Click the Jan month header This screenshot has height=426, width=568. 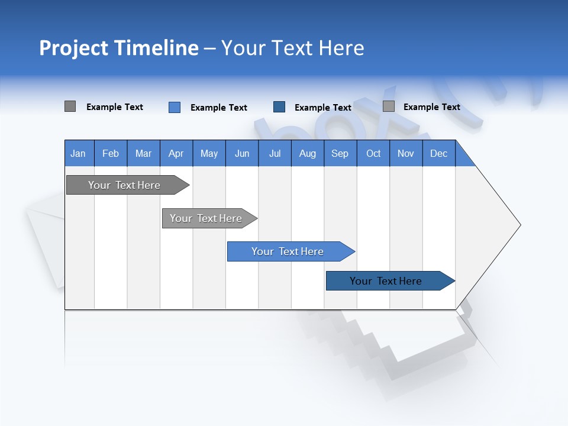point(78,153)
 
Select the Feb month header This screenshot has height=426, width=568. point(111,153)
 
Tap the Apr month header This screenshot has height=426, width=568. point(176,153)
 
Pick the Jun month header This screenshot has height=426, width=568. point(241,153)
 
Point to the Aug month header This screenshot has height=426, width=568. point(307,153)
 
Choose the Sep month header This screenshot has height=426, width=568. point(340,153)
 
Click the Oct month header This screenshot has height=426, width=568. point(373,153)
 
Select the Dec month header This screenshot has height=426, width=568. point(438,153)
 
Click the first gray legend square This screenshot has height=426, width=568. point(70,106)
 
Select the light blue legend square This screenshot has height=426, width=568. point(174,107)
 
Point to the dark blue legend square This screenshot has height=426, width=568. point(279,107)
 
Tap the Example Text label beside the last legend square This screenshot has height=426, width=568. point(431,107)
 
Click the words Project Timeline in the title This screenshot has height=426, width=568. point(118,48)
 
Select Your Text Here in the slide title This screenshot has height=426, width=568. point(292,48)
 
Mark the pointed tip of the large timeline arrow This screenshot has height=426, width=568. point(519,225)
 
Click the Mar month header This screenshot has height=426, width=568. point(143,153)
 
